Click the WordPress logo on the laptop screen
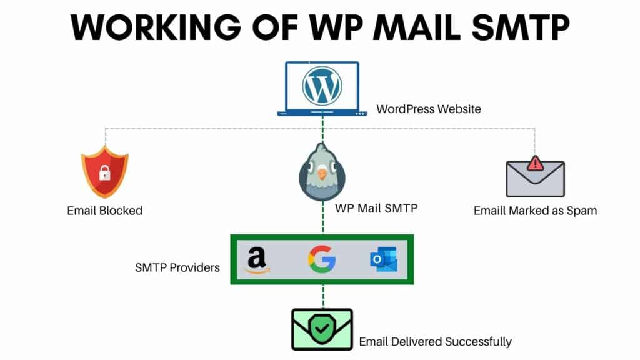(322, 86)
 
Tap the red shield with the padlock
(105, 171)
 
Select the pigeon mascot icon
(322, 172)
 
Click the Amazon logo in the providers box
(257, 260)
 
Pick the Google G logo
(322, 259)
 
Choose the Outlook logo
(384, 259)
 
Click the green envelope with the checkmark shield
(322, 329)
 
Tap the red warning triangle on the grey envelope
(535, 163)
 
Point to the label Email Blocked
(105, 211)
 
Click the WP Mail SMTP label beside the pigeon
(376, 208)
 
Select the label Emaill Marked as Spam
(535, 211)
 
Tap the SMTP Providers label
(177, 267)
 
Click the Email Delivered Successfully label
(435, 342)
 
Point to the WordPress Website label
(429, 109)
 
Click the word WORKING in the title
(156, 27)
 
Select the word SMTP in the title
(521, 27)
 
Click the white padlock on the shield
(105, 172)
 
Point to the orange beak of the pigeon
(322, 174)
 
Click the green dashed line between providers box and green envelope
(323, 296)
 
